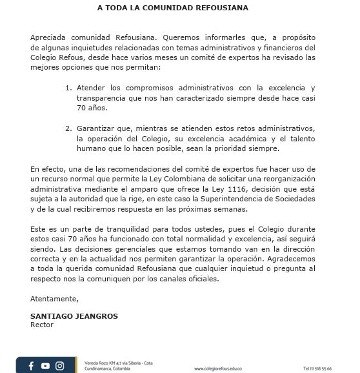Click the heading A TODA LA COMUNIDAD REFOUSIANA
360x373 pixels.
pyautogui.click(x=172, y=8)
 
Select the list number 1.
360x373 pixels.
pyautogui.click(x=68, y=87)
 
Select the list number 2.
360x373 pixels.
pyautogui.click(x=68, y=128)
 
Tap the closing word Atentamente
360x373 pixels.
pyautogui.click(x=54, y=299)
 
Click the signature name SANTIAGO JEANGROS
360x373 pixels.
pyautogui.click(x=74, y=316)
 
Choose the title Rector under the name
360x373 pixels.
pyautogui.click(x=42, y=325)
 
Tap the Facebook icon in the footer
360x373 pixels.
pyautogui.click(x=31, y=366)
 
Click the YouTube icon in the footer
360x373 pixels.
pyautogui.click(x=45, y=366)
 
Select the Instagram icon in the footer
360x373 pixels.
pyautogui.click(x=59, y=366)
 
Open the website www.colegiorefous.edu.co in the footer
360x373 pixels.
pyautogui.click(x=218, y=368)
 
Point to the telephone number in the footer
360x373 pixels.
pyautogui.click(x=317, y=368)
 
